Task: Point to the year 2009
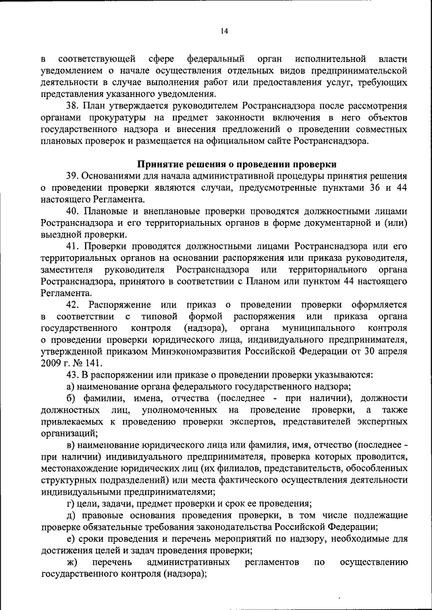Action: coord(51,363)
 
